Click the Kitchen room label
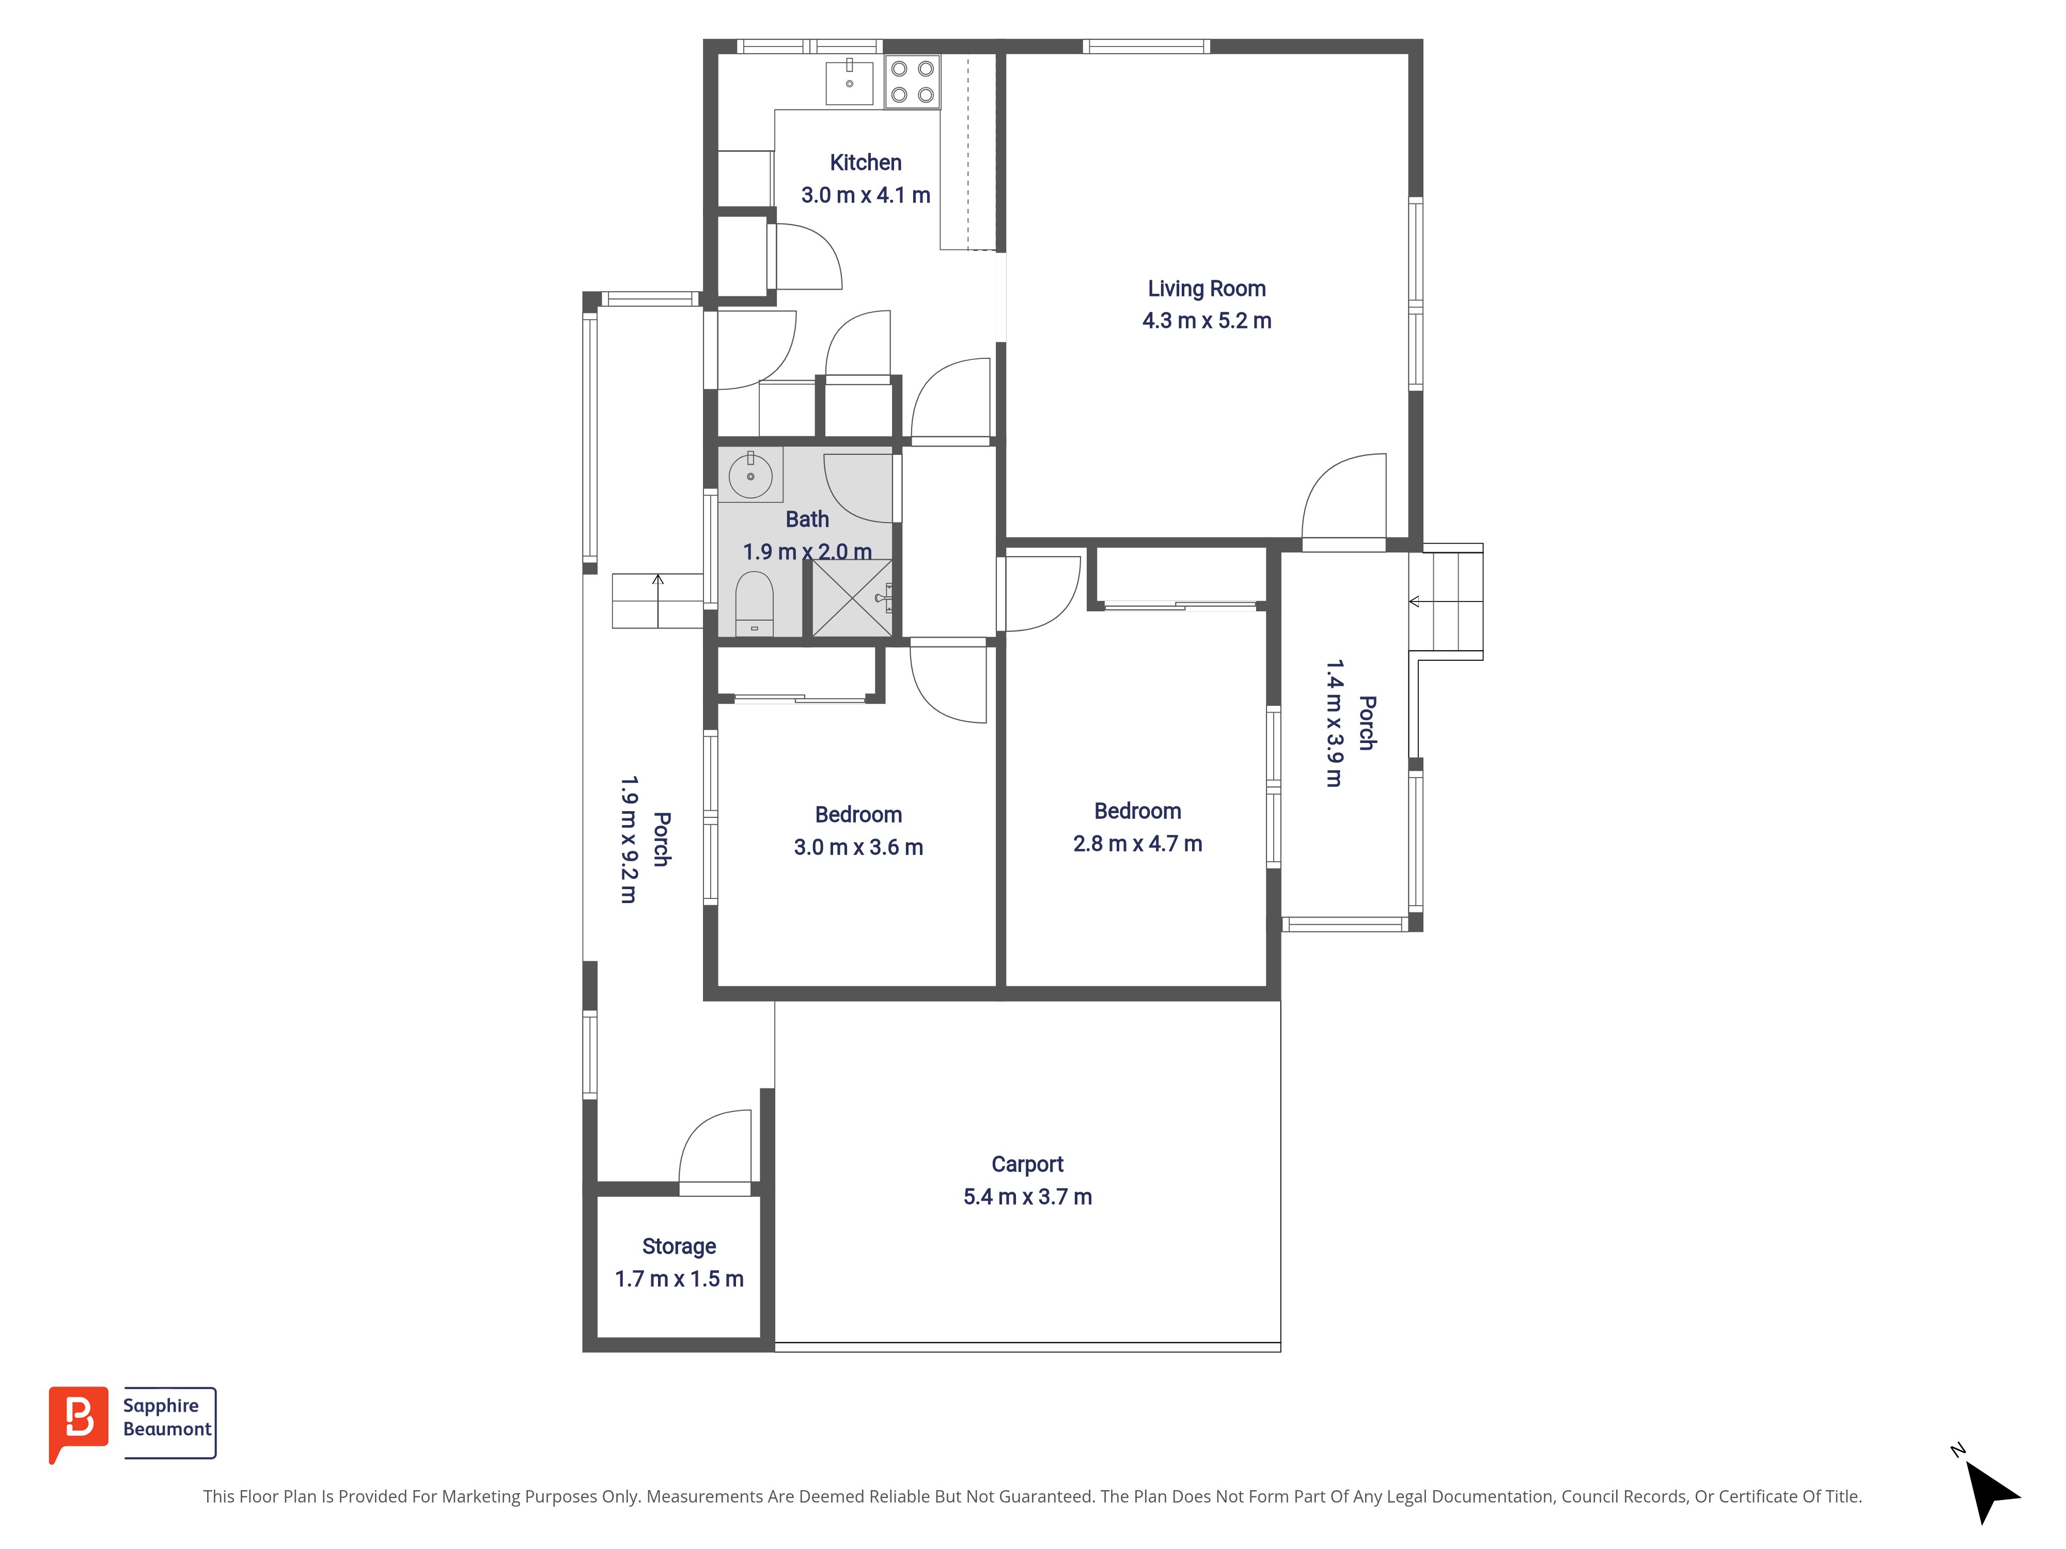pos(866,163)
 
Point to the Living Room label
pos(1207,289)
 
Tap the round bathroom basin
pos(750,475)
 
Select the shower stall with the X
pos(852,597)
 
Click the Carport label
pos(1027,1164)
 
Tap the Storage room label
pos(679,1246)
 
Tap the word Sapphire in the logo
pos(161,1406)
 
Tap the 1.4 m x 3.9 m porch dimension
pos(1335,723)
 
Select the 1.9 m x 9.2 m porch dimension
pos(629,840)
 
